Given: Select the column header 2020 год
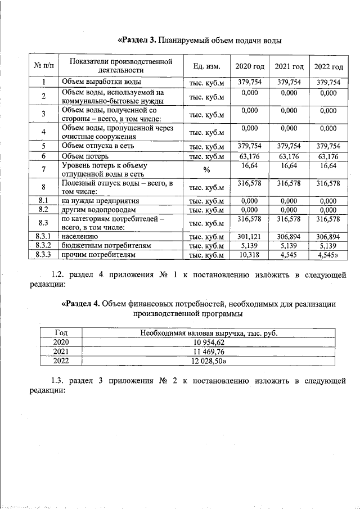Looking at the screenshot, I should pyautogui.click(x=250, y=66).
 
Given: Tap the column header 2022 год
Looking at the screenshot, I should pyautogui.click(x=328, y=66).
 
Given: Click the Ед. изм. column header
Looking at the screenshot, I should pyautogui.click(x=206, y=66).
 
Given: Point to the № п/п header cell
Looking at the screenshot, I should pyautogui.click(x=43, y=66).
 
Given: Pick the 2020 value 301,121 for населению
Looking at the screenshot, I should pyautogui.click(x=250, y=237).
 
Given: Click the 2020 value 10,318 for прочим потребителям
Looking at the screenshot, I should pyautogui.click(x=250, y=255).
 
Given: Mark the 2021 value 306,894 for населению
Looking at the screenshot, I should pyautogui.click(x=289, y=237).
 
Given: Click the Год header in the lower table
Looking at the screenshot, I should pyautogui.click(x=60, y=333).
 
